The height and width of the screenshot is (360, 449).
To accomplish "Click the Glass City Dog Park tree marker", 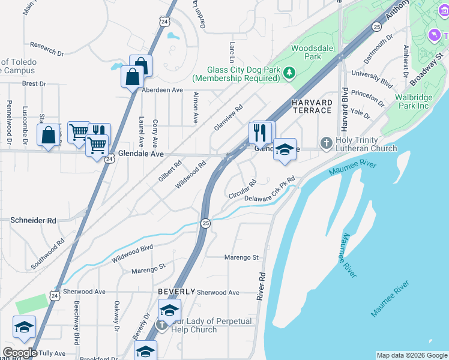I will point(290,73).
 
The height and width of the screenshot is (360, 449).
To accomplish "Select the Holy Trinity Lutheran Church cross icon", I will point(326,143).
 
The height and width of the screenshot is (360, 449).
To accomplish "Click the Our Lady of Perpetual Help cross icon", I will point(161,325).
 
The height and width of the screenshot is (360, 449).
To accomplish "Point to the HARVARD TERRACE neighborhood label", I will point(312,106).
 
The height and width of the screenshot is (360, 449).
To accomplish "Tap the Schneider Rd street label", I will point(33,220).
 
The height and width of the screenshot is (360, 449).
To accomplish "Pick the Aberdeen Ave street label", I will point(162,90).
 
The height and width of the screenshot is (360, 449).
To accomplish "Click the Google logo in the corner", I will point(20,353).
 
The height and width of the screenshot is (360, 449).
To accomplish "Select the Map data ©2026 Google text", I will point(411,355).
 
